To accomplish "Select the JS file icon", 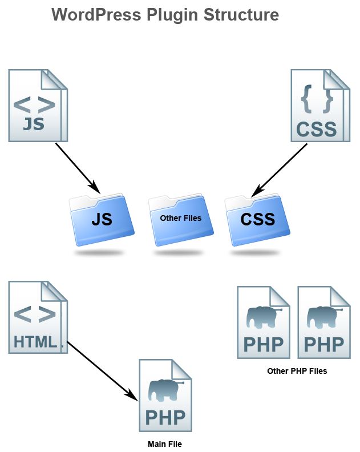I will pyautogui.click(x=37, y=106).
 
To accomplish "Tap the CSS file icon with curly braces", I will pyautogui.click(x=319, y=106).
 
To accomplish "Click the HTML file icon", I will pyautogui.click(x=37, y=317).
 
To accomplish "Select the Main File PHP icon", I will pyautogui.click(x=165, y=395).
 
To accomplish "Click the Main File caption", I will pyautogui.click(x=165, y=443).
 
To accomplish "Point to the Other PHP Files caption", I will pyautogui.click(x=297, y=371).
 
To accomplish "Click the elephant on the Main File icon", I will pyautogui.click(x=165, y=390).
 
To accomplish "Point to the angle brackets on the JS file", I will pyautogui.click(x=34, y=104).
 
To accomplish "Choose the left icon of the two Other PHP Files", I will pyautogui.click(x=263, y=322).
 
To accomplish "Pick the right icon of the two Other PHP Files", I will pyautogui.click(x=323, y=322).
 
